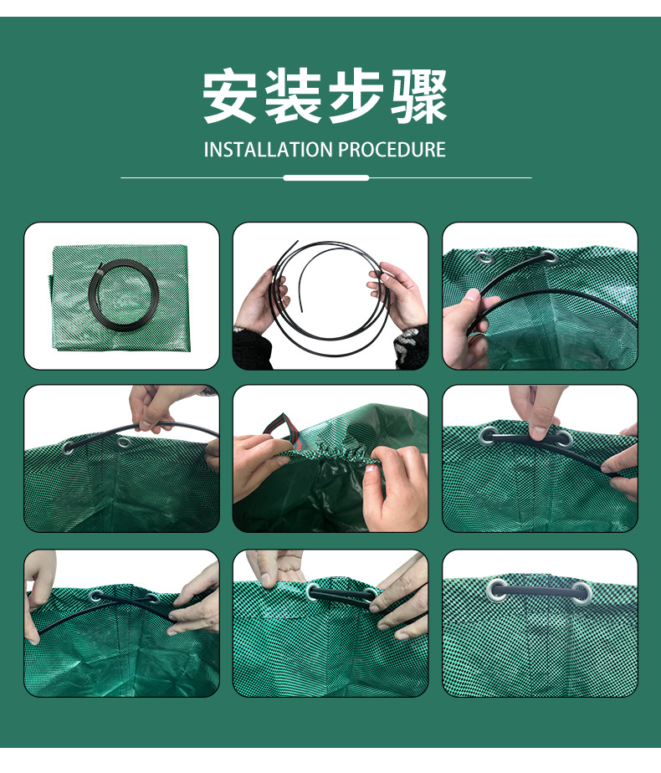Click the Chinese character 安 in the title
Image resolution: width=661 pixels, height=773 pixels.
tap(230, 96)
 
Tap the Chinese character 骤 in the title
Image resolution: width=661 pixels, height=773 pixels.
tap(419, 96)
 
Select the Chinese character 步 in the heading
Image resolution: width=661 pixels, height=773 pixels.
tap(356, 96)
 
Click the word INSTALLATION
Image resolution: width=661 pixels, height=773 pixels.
tap(269, 150)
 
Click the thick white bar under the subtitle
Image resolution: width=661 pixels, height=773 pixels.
tap(325, 177)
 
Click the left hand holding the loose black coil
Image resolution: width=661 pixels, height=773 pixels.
tap(261, 299)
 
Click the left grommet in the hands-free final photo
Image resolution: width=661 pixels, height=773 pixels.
tap(496, 591)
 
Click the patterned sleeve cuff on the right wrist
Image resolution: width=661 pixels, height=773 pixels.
tap(410, 343)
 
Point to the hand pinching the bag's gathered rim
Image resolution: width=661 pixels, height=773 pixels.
tap(394, 488)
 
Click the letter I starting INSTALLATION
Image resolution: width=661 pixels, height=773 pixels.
tap(206, 150)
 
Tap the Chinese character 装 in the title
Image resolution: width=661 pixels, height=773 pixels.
tap(293, 96)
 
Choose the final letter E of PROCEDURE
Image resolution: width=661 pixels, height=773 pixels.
tap(441, 150)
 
